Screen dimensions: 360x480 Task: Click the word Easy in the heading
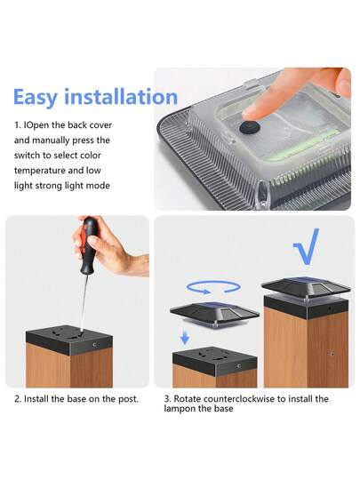[36, 98]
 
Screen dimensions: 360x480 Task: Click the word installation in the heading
[121, 96]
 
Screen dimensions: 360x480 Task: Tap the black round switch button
[249, 125]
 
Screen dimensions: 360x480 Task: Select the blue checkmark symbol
[307, 247]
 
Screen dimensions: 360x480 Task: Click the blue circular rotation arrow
[214, 287]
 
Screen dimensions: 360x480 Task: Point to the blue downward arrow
[185, 339]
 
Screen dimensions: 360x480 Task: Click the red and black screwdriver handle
[88, 245]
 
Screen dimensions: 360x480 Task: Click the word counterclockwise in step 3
[238, 399]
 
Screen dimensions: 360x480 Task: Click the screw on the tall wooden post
[332, 354]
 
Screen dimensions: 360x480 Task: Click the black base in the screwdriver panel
[69, 340]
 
